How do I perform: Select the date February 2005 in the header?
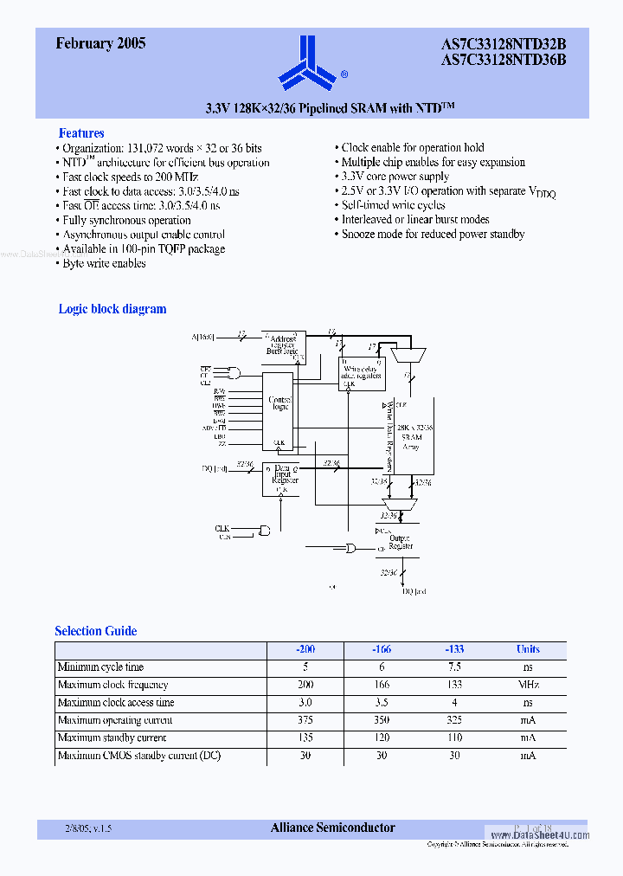(x=100, y=43)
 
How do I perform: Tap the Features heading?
(x=81, y=133)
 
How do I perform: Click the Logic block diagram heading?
(x=112, y=309)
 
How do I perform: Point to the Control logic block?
(x=279, y=403)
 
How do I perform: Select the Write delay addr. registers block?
(x=361, y=372)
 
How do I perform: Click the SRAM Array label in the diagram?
(x=410, y=437)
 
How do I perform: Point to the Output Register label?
(x=401, y=542)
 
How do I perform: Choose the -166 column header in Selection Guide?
(x=381, y=649)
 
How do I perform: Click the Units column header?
(x=528, y=649)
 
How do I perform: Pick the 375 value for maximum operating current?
(x=305, y=720)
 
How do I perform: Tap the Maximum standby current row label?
(x=112, y=738)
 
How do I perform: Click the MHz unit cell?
(x=528, y=685)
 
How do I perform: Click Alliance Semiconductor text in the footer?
(x=333, y=828)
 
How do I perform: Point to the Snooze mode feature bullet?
(x=433, y=235)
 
